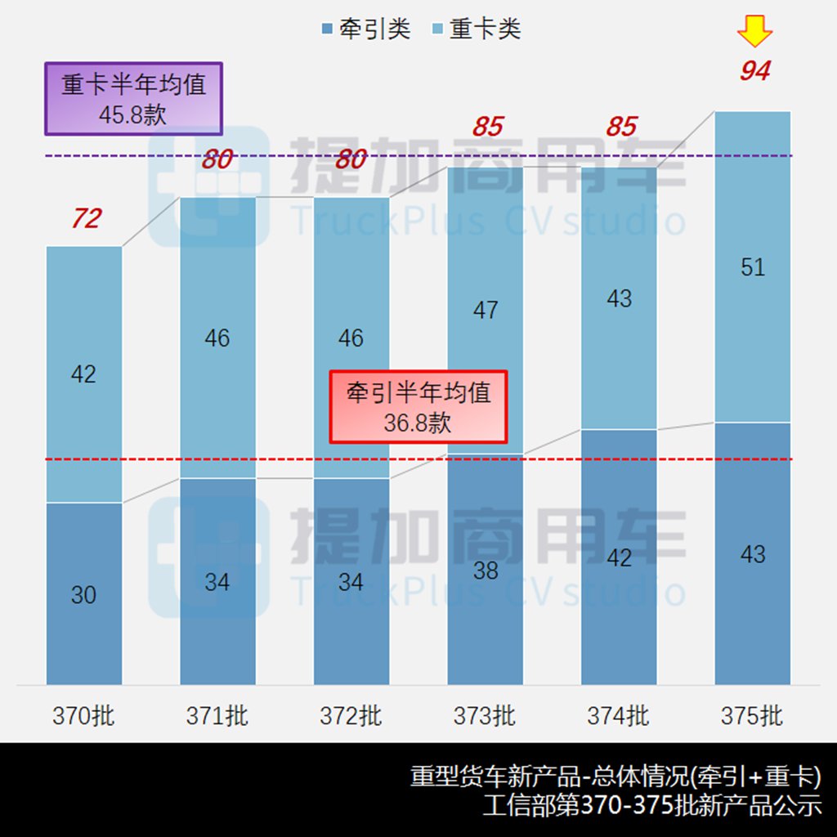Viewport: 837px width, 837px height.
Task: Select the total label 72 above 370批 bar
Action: [x=86, y=219]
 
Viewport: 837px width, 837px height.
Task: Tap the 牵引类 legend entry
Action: [x=365, y=30]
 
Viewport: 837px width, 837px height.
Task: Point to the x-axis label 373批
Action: [x=485, y=716]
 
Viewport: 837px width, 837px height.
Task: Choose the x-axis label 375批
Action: [x=752, y=716]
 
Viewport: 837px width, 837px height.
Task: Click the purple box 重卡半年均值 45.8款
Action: [x=133, y=99]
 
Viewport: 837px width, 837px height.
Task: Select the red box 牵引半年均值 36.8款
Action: [x=418, y=406]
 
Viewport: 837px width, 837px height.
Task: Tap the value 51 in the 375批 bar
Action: [x=752, y=267]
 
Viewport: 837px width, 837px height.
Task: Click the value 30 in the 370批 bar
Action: [x=83, y=595]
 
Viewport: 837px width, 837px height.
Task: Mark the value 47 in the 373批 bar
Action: [x=485, y=311]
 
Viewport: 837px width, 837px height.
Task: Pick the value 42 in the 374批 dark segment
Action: [x=619, y=557]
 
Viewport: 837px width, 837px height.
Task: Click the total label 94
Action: [x=754, y=72]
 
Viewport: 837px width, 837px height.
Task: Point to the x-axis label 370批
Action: [x=83, y=716]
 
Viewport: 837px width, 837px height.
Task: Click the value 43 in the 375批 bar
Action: [x=752, y=554]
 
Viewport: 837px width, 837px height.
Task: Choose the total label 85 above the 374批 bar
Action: [x=621, y=127]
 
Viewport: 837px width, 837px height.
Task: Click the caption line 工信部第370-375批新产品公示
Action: [x=651, y=805]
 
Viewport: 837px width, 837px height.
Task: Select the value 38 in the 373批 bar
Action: [x=485, y=571]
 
